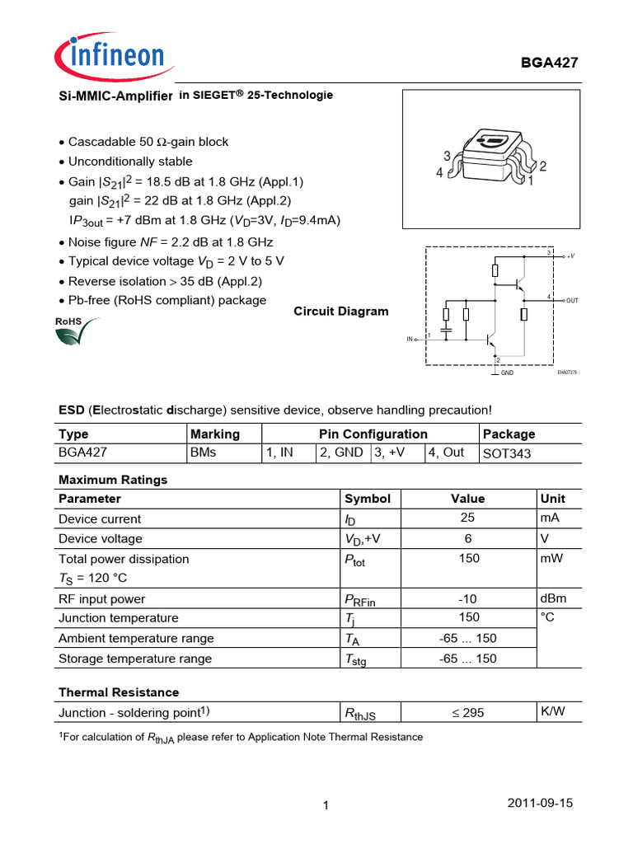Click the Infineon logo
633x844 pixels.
[110, 57]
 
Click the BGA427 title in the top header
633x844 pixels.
[551, 64]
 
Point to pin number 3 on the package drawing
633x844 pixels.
[447, 156]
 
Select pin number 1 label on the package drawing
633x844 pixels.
[532, 179]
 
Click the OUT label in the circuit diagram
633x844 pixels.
[572, 301]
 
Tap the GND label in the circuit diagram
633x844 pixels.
[508, 373]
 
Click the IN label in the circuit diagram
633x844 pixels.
[410, 339]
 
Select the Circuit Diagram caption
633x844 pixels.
[341, 312]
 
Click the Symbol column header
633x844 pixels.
[367, 499]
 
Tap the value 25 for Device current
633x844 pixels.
[467, 518]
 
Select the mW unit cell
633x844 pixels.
[551, 558]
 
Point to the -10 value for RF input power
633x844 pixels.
[467, 598]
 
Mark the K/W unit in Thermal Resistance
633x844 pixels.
[552, 710]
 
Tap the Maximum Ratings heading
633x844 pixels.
[113, 480]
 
